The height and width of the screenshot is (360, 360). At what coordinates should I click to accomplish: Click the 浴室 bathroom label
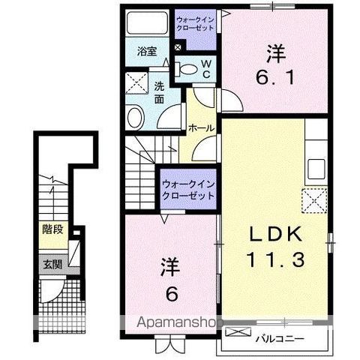click(146, 52)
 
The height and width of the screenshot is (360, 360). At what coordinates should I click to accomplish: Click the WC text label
click(205, 69)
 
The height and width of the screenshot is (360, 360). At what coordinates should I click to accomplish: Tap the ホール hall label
click(202, 128)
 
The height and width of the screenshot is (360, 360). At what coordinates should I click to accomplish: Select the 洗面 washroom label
click(160, 91)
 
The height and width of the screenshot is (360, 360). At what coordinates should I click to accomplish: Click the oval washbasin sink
click(135, 117)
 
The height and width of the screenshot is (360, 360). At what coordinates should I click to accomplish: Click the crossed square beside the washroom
click(136, 82)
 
